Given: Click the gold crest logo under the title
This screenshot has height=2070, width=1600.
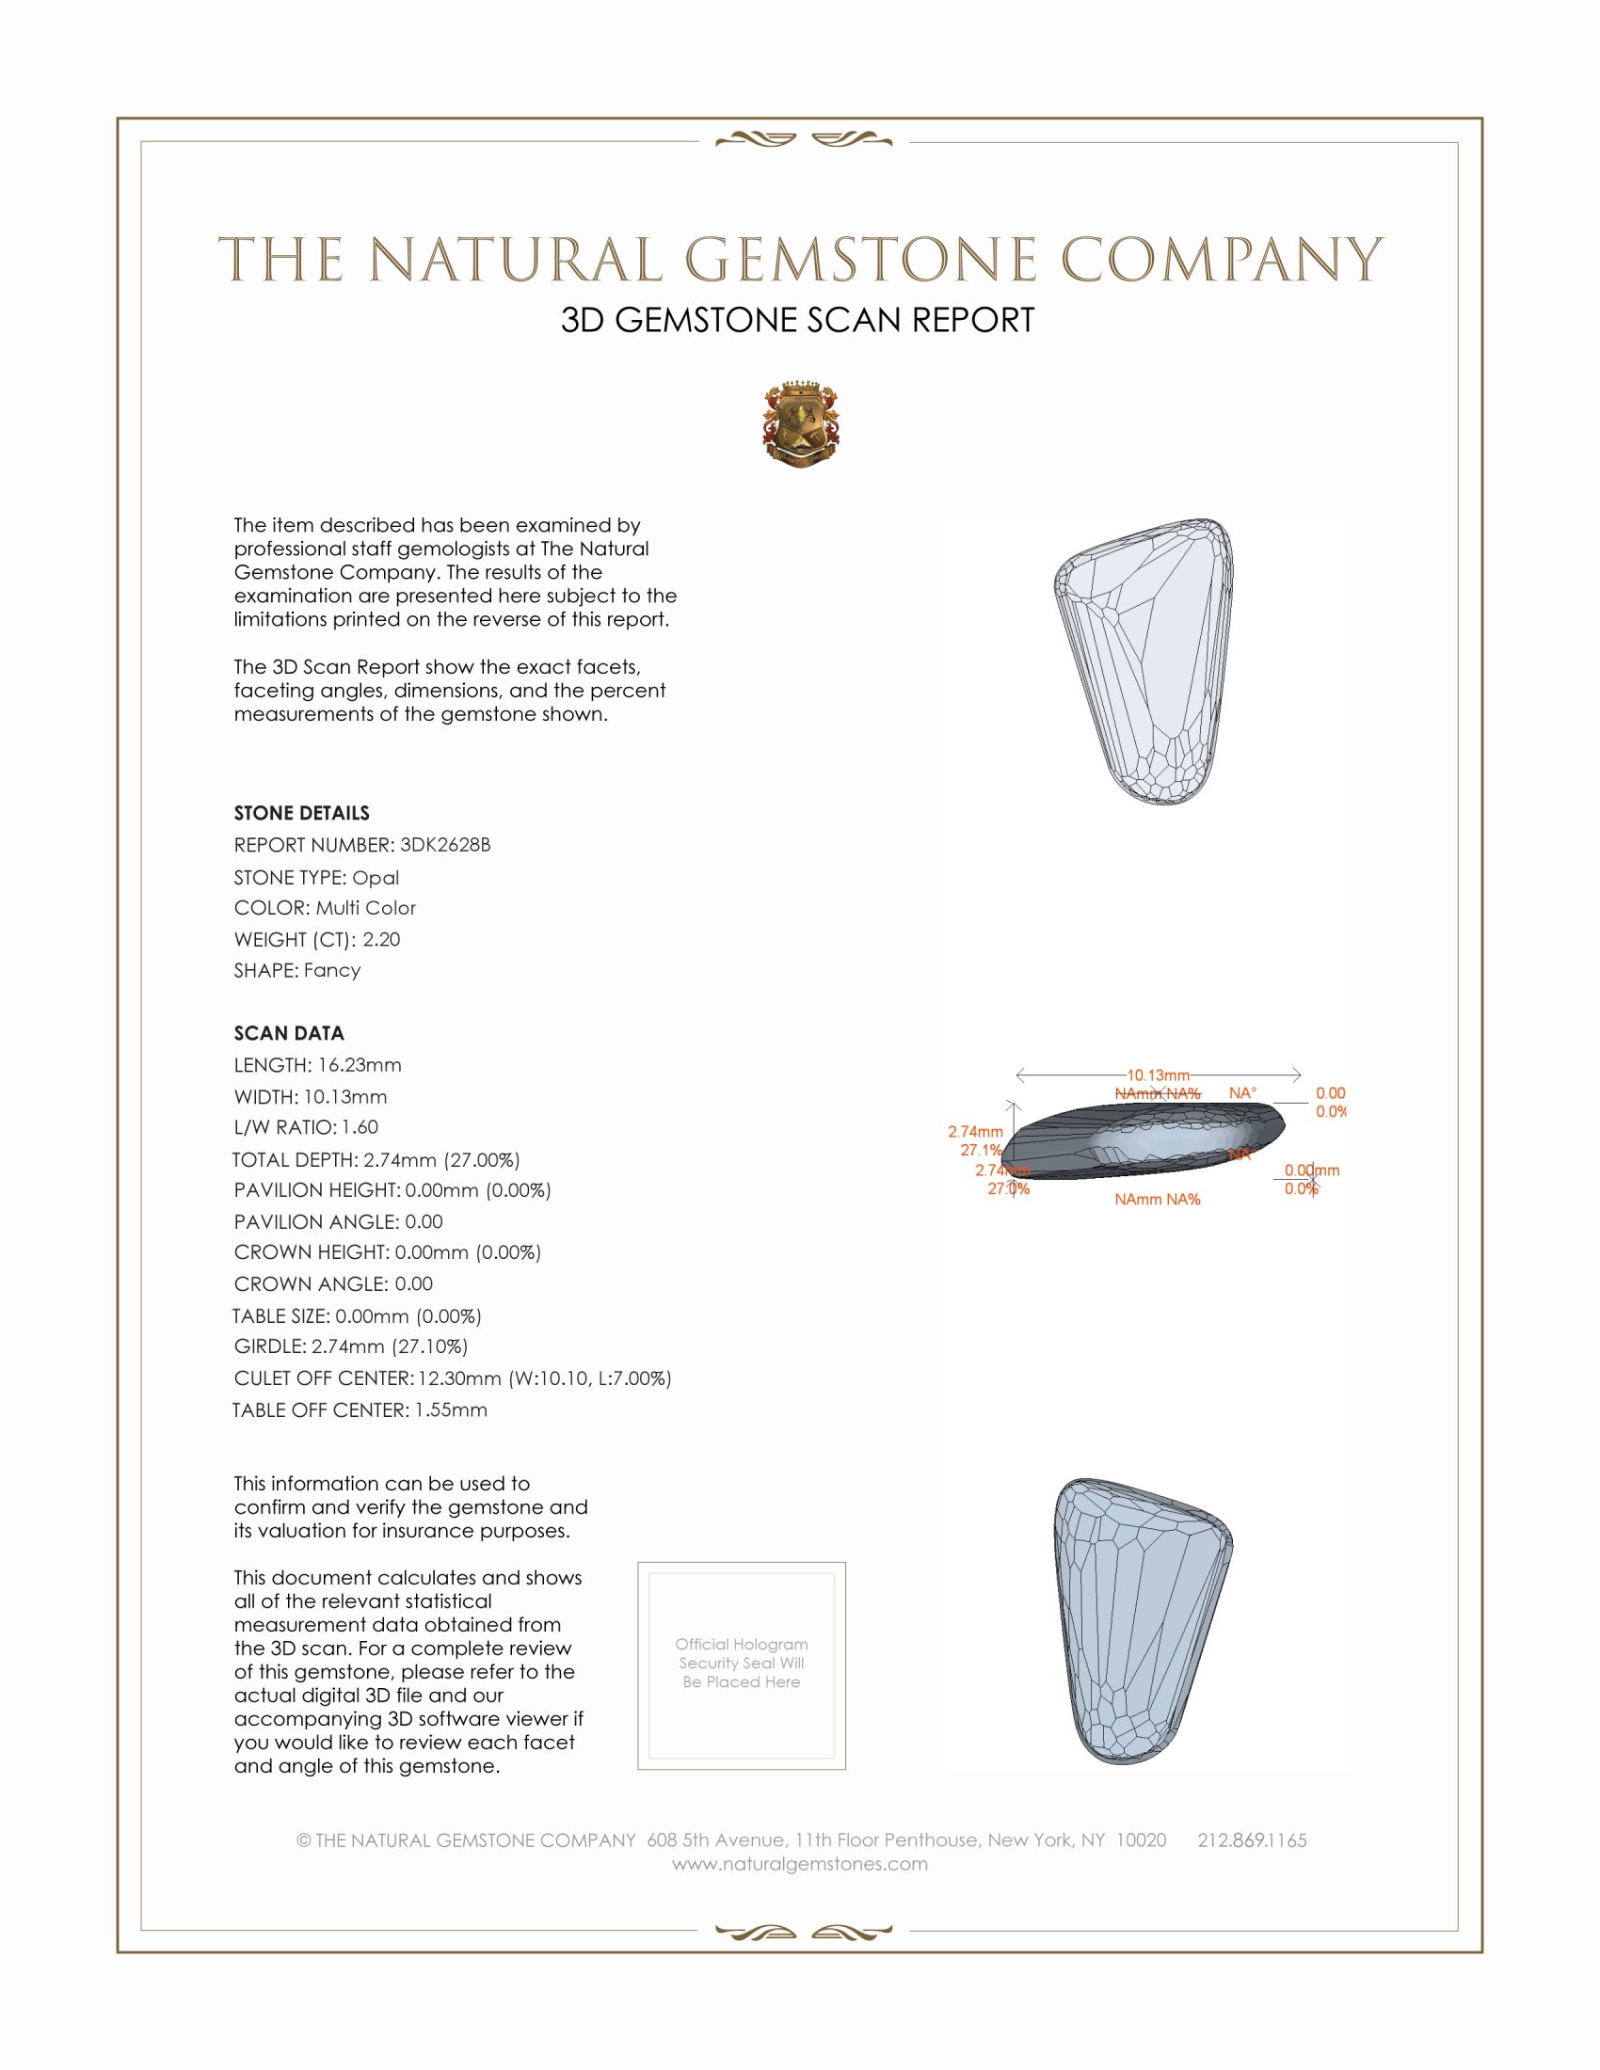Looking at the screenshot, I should (800, 423).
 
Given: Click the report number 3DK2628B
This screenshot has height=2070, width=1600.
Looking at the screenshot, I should (444, 845).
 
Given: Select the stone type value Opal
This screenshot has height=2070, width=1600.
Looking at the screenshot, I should (376, 878).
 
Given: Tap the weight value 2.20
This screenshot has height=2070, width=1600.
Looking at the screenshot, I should (381, 939).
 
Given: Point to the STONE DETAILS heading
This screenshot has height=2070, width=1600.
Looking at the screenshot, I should (301, 813).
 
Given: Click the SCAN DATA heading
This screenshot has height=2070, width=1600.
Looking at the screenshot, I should (288, 1033).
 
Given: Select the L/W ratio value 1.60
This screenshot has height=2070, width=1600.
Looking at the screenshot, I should (360, 1127).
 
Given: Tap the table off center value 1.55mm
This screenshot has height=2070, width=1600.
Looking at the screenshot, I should (450, 1410).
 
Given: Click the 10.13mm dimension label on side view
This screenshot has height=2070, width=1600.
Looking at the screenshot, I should (1158, 1075).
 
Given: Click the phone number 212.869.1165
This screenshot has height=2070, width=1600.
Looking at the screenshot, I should (1251, 1840).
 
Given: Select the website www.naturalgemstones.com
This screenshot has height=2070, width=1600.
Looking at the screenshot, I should (800, 1864).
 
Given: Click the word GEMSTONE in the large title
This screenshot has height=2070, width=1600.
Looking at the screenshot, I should (860, 261).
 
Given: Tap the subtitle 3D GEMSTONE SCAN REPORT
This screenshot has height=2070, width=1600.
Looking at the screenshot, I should (797, 320).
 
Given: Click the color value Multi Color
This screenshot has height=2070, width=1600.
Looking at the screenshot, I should (366, 908).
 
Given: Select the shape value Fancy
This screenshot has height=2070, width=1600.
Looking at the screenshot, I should (331, 971).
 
